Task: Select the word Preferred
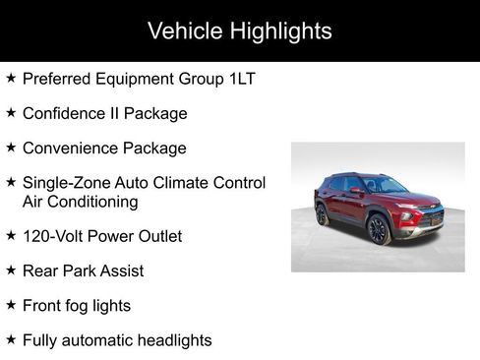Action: (56, 79)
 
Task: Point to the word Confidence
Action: (65, 113)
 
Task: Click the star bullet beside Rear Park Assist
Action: (10, 270)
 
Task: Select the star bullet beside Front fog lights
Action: (10, 305)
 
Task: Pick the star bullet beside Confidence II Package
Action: (10, 112)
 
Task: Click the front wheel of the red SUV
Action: (379, 229)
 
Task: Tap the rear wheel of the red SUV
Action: (322, 214)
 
